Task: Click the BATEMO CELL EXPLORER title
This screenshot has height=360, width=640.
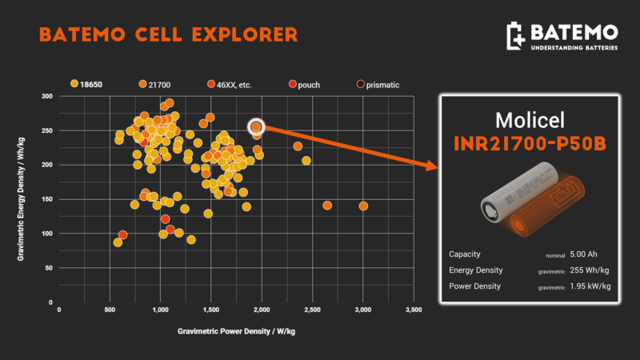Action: click(x=168, y=34)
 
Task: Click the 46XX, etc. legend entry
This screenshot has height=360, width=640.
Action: click(x=232, y=83)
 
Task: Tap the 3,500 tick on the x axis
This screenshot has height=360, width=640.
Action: click(x=413, y=309)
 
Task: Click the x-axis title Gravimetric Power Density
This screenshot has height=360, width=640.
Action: click(x=236, y=330)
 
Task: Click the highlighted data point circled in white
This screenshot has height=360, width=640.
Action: click(x=256, y=126)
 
